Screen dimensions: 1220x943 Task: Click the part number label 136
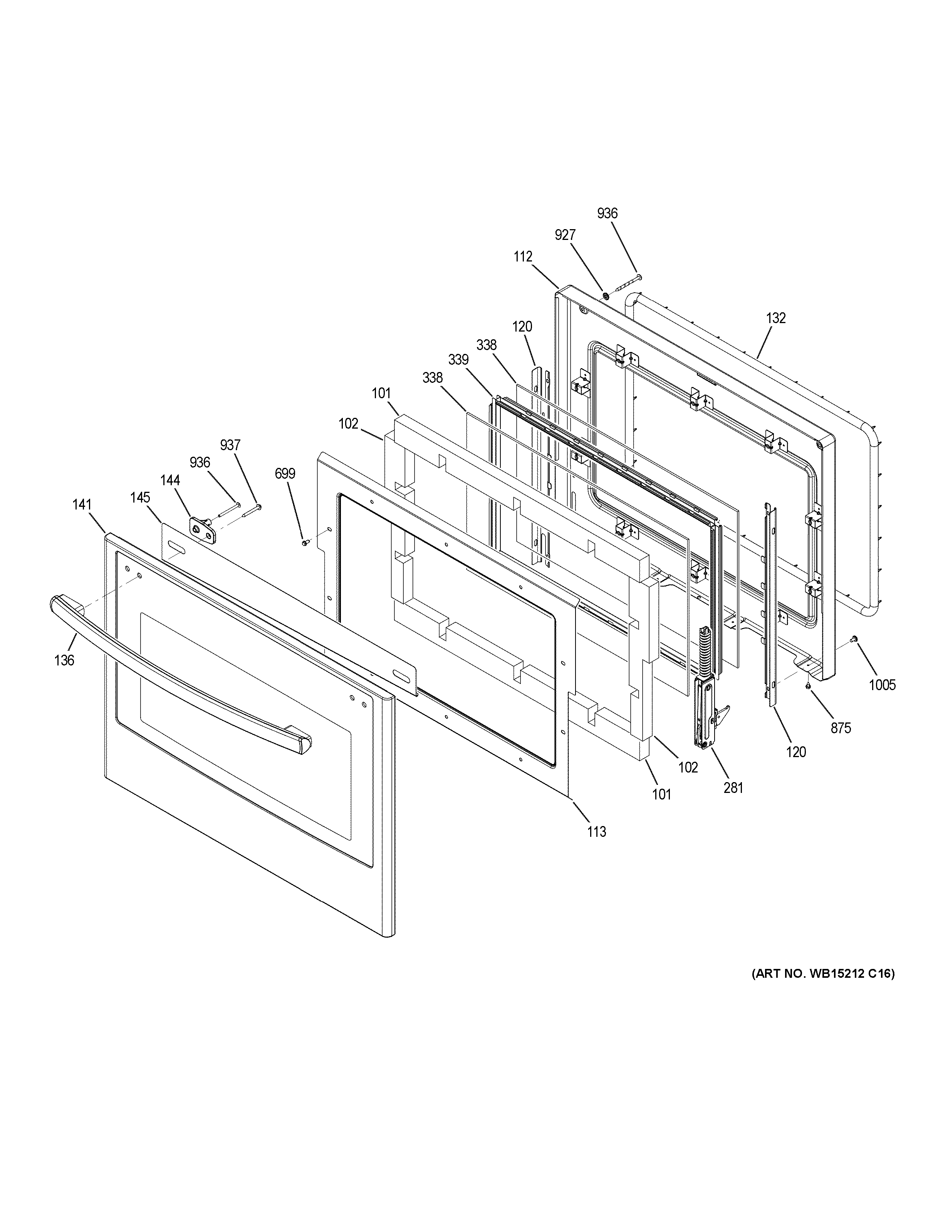pos(64,660)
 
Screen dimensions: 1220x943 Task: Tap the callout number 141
pos(82,504)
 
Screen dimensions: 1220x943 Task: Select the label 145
pos(141,497)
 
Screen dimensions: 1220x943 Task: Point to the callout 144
pos(170,480)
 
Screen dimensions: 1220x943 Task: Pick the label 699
pos(285,474)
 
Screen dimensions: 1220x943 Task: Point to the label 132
pos(775,318)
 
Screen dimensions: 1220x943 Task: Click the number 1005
pos(882,685)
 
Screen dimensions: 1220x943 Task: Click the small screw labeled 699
pos(304,542)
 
